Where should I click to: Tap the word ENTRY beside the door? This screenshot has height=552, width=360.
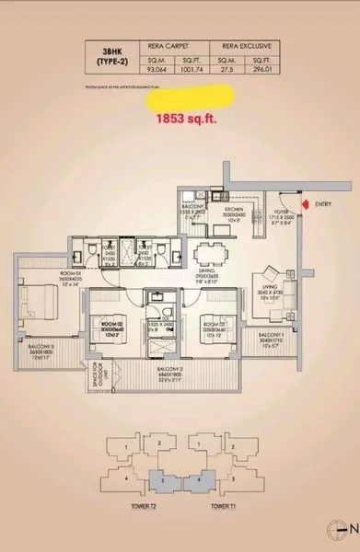pyautogui.click(x=324, y=203)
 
